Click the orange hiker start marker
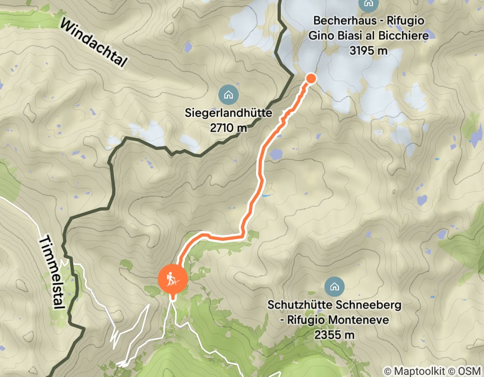172,279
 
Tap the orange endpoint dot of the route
310,79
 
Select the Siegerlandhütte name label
229,114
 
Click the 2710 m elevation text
229,128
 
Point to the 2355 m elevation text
335,334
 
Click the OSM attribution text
467,371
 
